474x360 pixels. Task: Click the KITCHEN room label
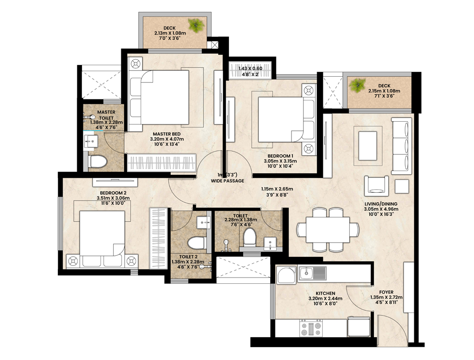(325, 293)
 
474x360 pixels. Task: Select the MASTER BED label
(166, 134)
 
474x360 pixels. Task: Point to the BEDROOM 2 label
(113, 193)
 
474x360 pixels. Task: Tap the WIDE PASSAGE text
(228, 181)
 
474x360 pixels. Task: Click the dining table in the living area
(328, 230)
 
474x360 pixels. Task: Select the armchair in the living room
(376, 185)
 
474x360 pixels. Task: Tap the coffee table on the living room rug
(368, 146)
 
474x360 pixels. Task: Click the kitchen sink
(313, 273)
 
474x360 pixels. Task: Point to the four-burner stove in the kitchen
(311, 328)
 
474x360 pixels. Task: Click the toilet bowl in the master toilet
(98, 161)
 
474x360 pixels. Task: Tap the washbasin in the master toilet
(91, 142)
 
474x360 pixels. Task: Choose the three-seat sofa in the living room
(401, 146)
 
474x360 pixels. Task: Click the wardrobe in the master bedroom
(162, 163)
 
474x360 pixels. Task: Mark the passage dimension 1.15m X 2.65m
(277, 189)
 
